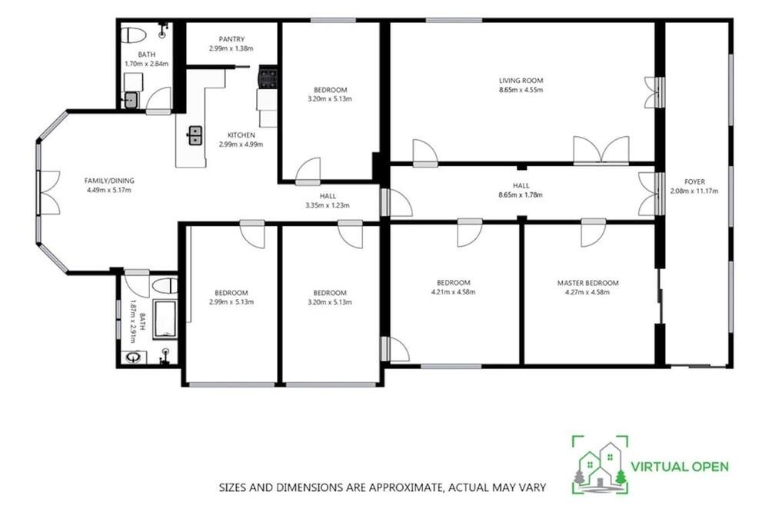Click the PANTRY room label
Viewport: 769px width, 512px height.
click(231, 39)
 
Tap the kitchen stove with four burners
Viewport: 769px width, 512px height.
click(268, 78)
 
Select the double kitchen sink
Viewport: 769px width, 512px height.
click(195, 135)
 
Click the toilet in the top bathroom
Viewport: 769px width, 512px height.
click(134, 35)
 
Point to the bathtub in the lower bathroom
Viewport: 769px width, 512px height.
click(165, 320)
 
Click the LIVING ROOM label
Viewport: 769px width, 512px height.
click(521, 81)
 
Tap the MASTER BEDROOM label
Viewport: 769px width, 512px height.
click(588, 283)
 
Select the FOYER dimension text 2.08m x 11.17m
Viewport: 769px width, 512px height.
click(694, 191)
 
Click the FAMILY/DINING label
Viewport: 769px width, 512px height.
click(109, 181)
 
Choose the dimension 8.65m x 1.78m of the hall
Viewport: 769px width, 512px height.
click(521, 194)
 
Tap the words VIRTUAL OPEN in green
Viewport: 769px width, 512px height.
click(680, 467)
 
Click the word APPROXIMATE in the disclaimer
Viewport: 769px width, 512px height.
click(402, 487)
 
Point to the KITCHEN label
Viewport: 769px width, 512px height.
click(241, 135)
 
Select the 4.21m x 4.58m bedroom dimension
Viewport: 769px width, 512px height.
click(453, 292)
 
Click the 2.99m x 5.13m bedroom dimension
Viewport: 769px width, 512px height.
click(231, 302)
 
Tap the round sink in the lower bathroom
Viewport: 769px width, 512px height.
click(132, 357)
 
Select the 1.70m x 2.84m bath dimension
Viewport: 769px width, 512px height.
click(147, 64)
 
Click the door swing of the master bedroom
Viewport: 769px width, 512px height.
click(592, 234)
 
